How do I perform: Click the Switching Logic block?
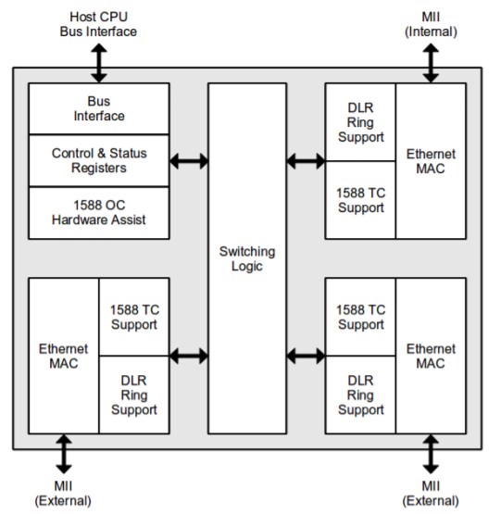[x=246, y=258]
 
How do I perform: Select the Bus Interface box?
[x=99, y=108]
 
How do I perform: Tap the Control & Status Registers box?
[x=99, y=160]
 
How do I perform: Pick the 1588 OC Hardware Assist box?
[x=99, y=213]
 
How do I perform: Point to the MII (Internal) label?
[x=431, y=25]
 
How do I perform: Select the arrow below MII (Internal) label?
[x=431, y=62]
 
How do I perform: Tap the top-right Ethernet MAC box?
[x=431, y=161]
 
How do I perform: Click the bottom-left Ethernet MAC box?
[x=64, y=356]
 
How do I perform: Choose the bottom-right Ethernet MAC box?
[x=431, y=356]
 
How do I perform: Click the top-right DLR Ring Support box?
[x=360, y=121]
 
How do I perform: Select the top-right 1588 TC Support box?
[x=360, y=200]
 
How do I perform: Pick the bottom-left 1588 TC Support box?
[x=134, y=317]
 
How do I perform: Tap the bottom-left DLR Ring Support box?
[x=134, y=395]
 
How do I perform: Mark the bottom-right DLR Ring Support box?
[x=360, y=395]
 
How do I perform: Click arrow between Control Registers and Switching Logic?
[x=189, y=161]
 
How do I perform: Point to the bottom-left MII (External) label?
[x=64, y=494]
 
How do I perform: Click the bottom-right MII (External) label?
[x=431, y=494]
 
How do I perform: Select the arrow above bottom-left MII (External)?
[x=64, y=454]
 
